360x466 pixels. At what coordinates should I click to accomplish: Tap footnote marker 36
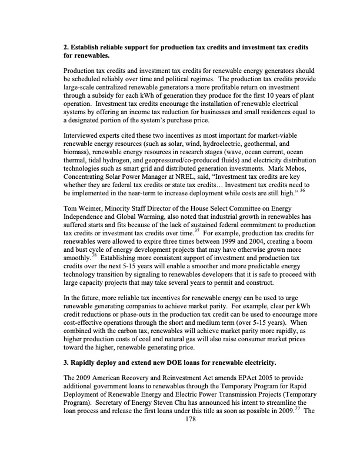(x=302, y=191)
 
